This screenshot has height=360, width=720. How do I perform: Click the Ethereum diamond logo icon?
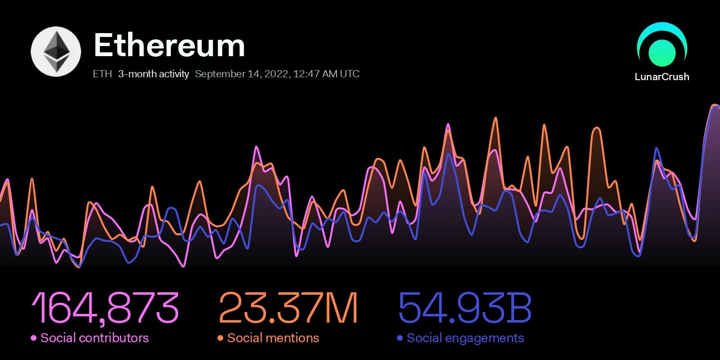point(56,52)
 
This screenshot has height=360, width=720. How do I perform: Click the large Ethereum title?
point(169,46)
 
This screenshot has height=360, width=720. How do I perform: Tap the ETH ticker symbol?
point(103,74)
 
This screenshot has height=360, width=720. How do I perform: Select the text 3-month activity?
point(154,74)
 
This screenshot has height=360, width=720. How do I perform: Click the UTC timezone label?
point(349,74)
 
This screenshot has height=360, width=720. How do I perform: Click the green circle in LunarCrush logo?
point(662,52)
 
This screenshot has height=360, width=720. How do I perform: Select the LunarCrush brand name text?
point(662,77)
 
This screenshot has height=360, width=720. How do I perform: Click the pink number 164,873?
point(105,308)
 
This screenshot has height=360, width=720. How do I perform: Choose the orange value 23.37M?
point(288,308)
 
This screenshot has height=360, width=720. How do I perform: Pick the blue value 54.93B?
point(465,308)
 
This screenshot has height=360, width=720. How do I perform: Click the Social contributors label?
point(95,338)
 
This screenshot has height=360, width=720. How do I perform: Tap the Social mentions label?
point(273,338)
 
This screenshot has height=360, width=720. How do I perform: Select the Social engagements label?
point(465,338)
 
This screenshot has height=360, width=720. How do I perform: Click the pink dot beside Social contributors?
point(34,338)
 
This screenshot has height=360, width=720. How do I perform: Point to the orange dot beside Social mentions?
point(220,338)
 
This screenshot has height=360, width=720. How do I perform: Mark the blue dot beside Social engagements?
point(400,338)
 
